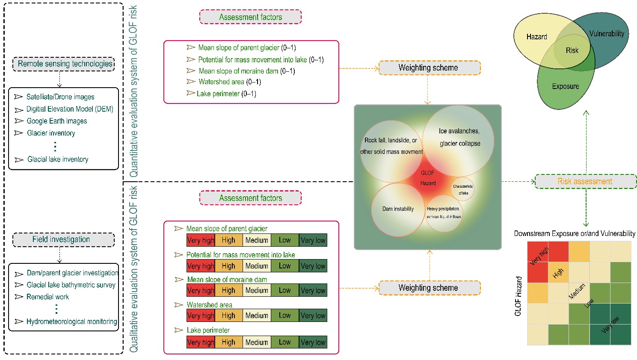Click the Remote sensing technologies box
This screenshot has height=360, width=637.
tap(64, 64)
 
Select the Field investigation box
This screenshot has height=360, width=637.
tap(63, 239)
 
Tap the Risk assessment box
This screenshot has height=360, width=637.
tap(585, 181)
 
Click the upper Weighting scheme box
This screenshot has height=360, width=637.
tap(429, 68)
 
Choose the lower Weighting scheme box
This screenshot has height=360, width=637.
tap(429, 288)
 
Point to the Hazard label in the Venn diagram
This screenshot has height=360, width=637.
tap(536, 37)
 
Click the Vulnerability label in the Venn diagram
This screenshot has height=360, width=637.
tap(606, 33)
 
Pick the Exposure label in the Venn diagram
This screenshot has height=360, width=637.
tap(565, 86)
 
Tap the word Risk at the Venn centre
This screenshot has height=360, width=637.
tap(572, 50)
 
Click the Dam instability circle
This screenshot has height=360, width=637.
tap(398, 209)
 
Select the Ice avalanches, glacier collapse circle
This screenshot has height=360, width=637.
tap(459, 137)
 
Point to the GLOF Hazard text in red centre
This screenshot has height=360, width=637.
tap(428, 178)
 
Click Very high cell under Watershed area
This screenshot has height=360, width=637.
tap(201, 316)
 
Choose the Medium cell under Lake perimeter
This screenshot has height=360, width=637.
tap(257, 342)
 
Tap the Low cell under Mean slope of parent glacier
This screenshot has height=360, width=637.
tap(284, 240)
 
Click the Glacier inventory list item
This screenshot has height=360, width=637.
tap(51, 133)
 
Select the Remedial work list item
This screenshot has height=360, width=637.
tap(47, 297)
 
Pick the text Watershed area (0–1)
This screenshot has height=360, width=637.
tap(229, 82)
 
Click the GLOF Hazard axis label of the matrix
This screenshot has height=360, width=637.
tap(518, 296)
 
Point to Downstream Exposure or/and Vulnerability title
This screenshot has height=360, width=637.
tap(575, 233)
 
